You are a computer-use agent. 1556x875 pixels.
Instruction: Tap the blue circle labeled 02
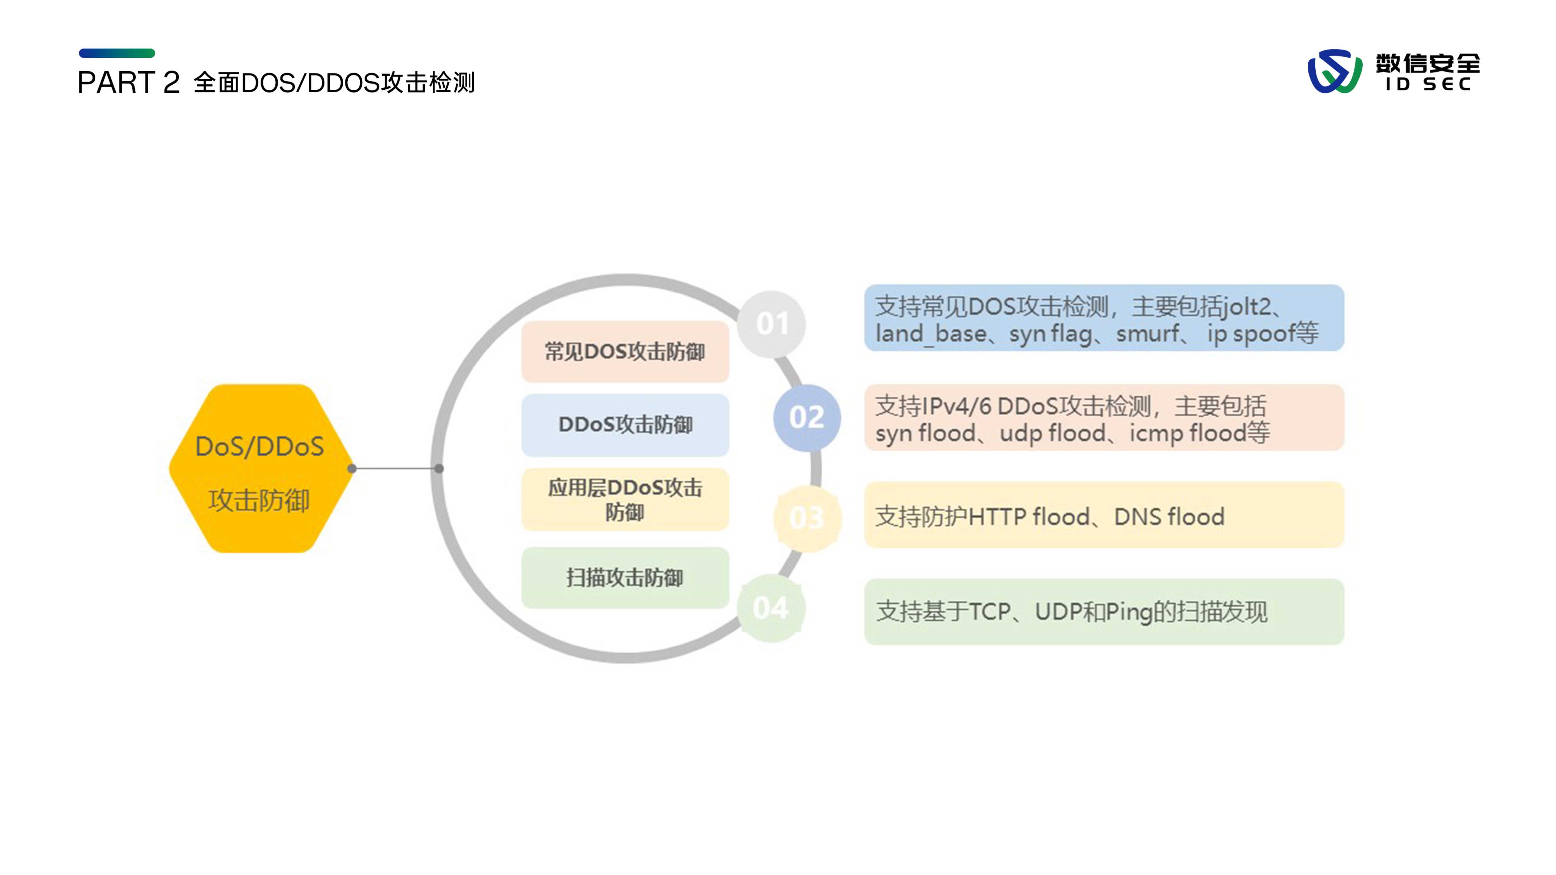(x=806, y=417)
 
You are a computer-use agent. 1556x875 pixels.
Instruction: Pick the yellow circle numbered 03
(x=806, y=517)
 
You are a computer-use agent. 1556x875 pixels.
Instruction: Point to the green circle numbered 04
(x=771, y=608)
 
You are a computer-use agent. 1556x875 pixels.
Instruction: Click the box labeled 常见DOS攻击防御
(x=625, y=351)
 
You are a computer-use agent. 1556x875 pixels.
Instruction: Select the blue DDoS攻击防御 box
(x=625, y=424)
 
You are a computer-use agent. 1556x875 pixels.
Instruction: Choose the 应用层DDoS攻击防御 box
(x=625, y=500)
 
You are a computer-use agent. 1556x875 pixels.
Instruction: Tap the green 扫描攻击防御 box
(x=625, y=577)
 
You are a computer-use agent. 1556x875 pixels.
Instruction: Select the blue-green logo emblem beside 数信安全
(x=1334, y=71)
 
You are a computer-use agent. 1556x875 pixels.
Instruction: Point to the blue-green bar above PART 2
(x=117, y=53)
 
